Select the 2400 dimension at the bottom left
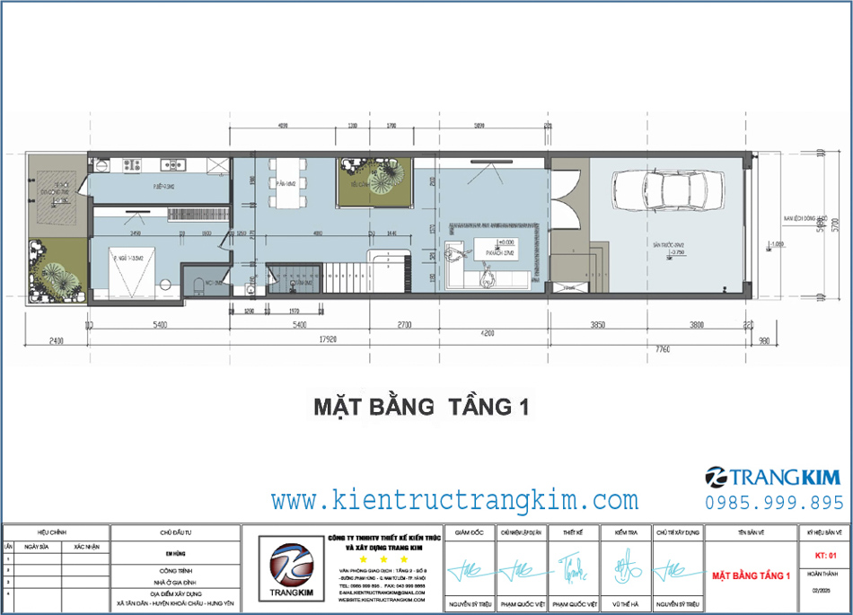click(56, 340)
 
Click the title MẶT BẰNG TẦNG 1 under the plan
click(419, 407)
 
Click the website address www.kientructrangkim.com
click(455, 499)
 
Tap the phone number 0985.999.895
click(774, 503)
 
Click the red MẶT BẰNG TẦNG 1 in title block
click(750, 575)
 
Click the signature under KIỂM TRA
click(625, 567)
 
